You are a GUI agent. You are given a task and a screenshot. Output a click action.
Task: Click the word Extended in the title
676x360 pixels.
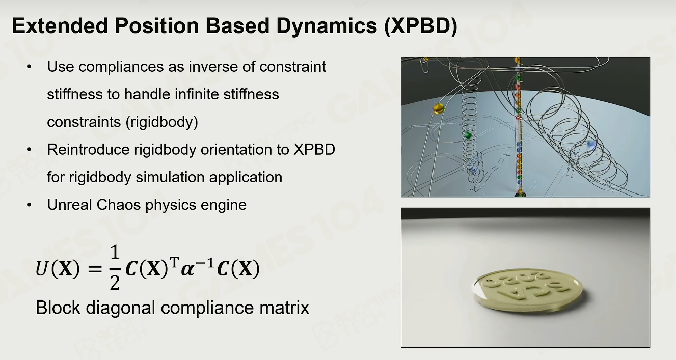tap(60, 26)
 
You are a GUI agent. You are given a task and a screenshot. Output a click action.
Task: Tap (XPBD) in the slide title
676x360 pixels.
tap(421, 26)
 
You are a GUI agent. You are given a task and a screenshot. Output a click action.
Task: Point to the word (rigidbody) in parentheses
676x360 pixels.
tap(161, 122)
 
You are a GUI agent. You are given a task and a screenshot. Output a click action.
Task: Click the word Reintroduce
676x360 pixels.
tap(89, 150)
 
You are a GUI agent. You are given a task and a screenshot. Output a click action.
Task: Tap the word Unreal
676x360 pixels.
tap(69, 205)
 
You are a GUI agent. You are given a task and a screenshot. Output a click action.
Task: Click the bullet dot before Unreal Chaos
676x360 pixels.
tap(29, 205)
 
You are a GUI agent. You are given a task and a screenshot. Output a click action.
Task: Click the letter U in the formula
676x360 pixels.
tap(42, 268)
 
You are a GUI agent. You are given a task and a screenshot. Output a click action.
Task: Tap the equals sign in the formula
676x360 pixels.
tap(95, 269)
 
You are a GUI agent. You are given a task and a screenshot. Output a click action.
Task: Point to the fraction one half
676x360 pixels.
tap(115, 268)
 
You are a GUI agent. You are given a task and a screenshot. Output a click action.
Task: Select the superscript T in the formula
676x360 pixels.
tap(174, 261)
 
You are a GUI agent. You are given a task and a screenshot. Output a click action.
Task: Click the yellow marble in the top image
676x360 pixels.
tap(439, 108)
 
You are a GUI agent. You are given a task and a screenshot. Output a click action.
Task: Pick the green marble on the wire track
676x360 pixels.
tap(468, 135)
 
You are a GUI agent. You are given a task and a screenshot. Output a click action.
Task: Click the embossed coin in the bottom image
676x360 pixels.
tap(527, 290)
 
